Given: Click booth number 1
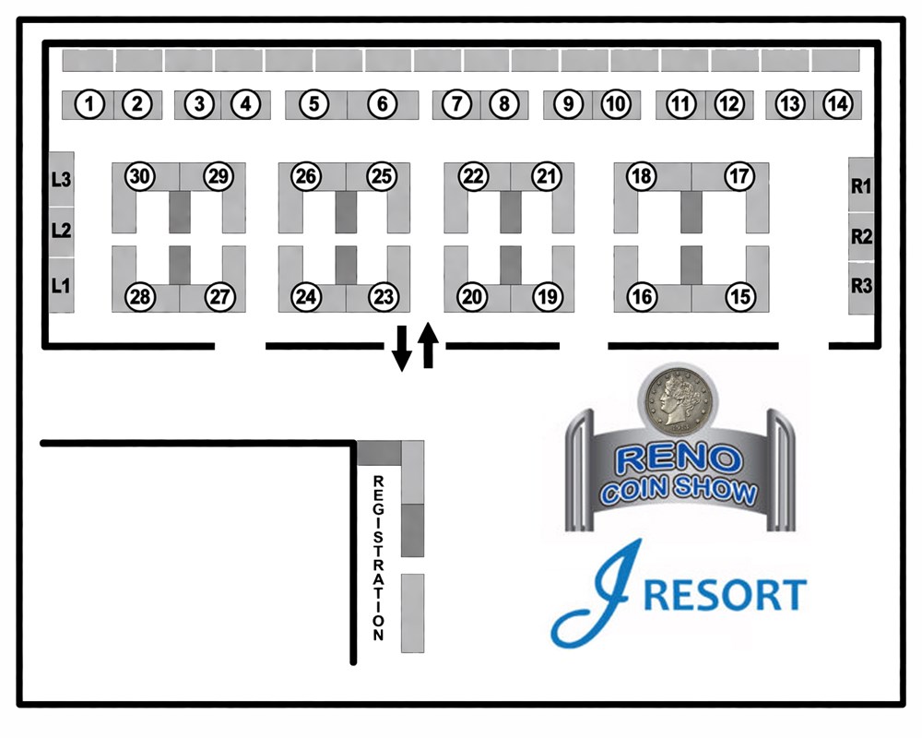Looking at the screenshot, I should (89, 104).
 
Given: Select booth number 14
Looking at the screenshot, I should (837, 104).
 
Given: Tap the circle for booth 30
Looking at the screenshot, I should (139, 176).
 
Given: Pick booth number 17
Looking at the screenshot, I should (739, 176).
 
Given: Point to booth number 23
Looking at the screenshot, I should (383, 297).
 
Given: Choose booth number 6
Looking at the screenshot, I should (383, 104).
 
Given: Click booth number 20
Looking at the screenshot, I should (473, 297).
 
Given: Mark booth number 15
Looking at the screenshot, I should (739, 297).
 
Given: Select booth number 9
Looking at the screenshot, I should (569, 104).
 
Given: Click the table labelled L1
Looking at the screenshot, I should (61, 286).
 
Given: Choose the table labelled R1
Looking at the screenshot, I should (861, 185).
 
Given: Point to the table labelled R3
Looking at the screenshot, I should (861, 286).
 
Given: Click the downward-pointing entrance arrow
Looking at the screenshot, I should (402, 347).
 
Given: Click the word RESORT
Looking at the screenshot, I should (725, 595).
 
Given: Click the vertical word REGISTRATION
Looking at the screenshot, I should (377, 558).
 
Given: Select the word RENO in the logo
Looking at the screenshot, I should (679, 458).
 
